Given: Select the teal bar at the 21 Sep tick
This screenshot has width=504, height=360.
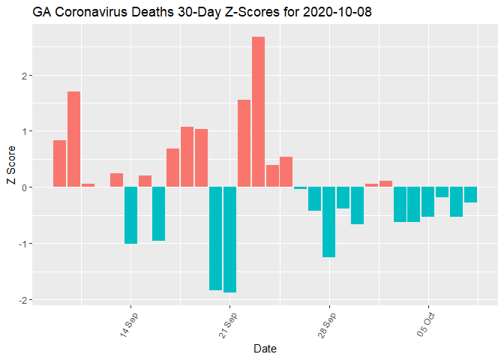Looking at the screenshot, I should tap(229, 239).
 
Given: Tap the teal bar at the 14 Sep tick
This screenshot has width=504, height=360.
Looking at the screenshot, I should tap(130, 215).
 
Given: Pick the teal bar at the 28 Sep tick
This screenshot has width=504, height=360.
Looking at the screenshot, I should tap(328, 222).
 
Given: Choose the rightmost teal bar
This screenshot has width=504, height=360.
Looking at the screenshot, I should tap(470, 195).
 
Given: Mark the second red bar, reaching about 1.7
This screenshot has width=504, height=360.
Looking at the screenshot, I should tap(73, 139).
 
